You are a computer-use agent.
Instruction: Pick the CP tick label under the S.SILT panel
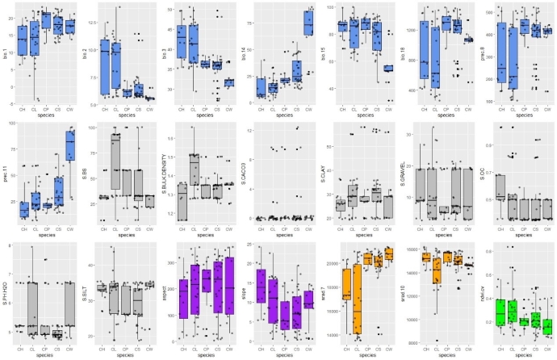pos(125,350)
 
